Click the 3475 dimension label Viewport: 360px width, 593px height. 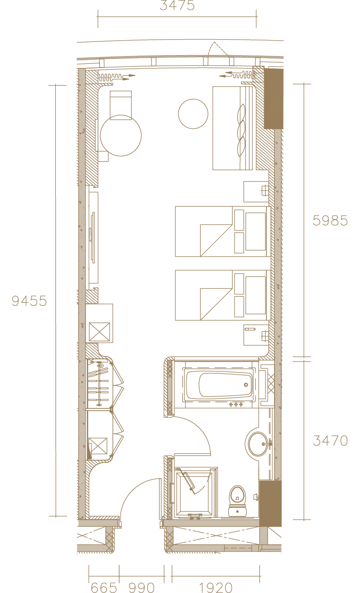coord(177,5)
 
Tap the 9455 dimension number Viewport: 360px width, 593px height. coord(29,301)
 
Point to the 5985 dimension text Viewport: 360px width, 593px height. coord(330,221)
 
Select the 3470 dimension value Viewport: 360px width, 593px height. coord(330,441)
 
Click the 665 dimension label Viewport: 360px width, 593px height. coord(103,588)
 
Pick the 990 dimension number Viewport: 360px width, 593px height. coord(141,588)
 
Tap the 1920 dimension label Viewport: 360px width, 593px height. coord(216,588)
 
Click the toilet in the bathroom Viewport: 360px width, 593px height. coord(237,501)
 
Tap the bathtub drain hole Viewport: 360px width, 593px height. coord(246,385)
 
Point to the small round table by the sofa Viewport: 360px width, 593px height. coord(193,114)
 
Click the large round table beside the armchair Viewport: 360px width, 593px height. coord(121,136)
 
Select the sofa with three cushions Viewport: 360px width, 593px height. coord(233,128)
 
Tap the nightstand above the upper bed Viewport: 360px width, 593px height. coord(256,192)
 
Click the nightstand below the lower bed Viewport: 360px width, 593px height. coord(256,335)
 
